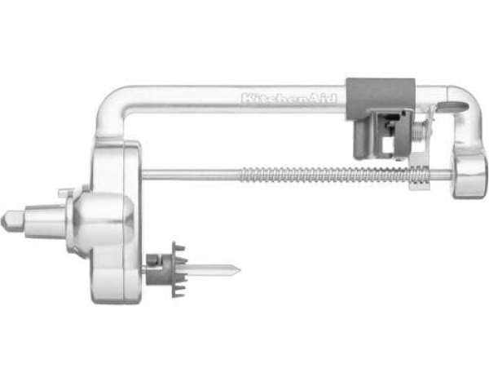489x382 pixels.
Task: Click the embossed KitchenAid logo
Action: [x=289, y=99]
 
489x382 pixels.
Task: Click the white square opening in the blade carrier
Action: [x=388, y=145]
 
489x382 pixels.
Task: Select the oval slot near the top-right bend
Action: [x=456, y=106]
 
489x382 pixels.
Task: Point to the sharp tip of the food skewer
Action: [x=240, y=269]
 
